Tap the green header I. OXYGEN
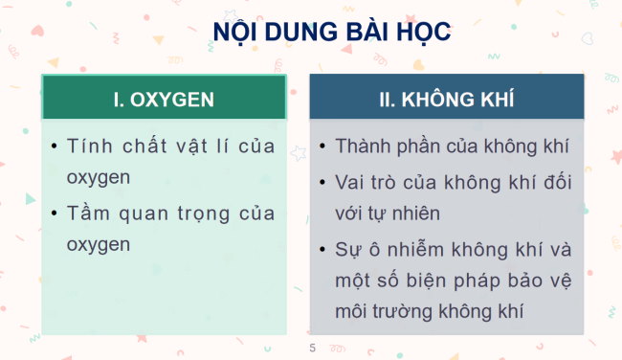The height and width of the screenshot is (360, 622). click(x=164, y=99)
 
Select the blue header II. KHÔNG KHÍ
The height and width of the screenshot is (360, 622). click(x=446, y=99)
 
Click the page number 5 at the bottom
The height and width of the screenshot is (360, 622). click(x=312, y=347)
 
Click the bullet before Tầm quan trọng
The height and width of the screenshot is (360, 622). click(x=54, y=213)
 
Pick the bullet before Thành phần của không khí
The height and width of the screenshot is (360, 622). click(x=323, y=146)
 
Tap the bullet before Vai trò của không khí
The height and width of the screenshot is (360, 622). click(x=323, y=182)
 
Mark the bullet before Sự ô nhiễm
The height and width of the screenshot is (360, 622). click(x=323, y=251)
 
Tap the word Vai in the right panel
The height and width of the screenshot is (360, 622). click(x=350, y=182)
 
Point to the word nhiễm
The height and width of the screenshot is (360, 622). click(x=426, y=251)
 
